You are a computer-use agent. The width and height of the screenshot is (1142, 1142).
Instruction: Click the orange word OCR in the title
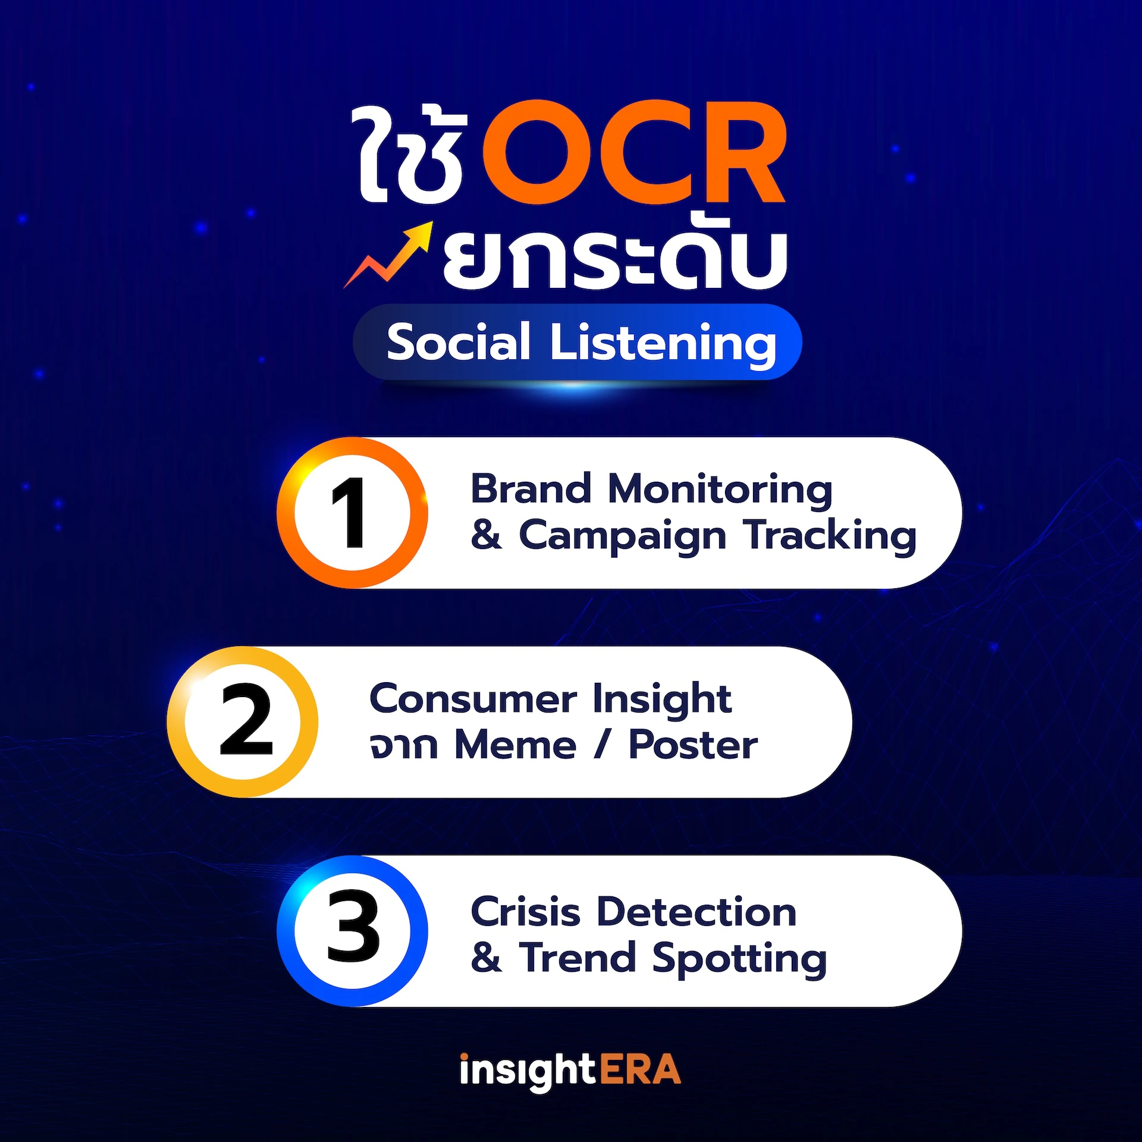coord(633,153)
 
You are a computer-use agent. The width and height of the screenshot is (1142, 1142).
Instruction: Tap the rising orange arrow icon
coord(390,256)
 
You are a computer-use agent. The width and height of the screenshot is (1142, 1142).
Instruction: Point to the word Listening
coord(663,344)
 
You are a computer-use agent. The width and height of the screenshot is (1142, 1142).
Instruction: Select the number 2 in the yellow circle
coord(245,721)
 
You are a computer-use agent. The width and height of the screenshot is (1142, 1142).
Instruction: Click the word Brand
coord(531,489)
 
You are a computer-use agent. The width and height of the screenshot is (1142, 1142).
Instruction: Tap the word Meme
coord(515,745)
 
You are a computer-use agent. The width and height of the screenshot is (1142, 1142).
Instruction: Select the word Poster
coord(693,745)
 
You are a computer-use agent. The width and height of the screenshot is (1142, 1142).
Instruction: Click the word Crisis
coord(525,912)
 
